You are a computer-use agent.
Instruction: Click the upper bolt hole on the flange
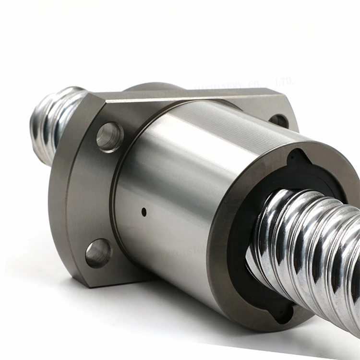pos(109,137)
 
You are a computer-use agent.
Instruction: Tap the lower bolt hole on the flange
pos(99,253)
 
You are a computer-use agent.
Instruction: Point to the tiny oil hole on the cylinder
pos(144,211)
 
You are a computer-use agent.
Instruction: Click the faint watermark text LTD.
pos(284,82)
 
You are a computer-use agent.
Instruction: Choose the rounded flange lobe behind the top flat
pos(154,88)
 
